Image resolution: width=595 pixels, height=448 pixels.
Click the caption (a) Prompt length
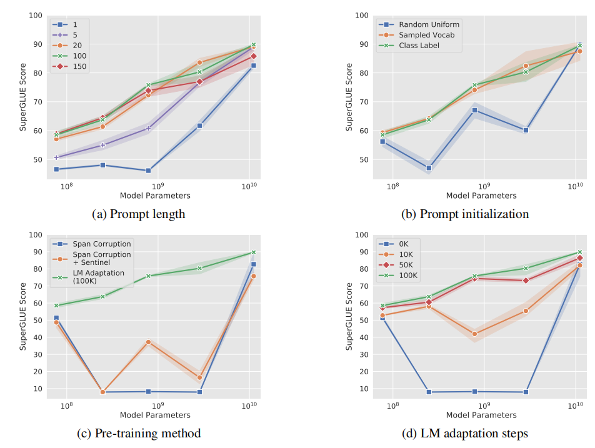click(x=139, y=214)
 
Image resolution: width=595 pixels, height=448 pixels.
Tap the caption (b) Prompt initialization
click(x=465, y=214)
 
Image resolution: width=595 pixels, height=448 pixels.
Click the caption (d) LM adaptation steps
click(x=465, y=433)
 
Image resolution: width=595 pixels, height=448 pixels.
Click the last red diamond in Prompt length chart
click(x=253, y=56)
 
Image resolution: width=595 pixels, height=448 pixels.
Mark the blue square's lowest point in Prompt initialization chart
click(x=429, y=167)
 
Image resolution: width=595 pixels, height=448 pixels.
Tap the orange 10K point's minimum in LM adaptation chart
click(x=474, y=334)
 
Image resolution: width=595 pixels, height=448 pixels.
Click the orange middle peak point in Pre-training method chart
click(x=148, y=342)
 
